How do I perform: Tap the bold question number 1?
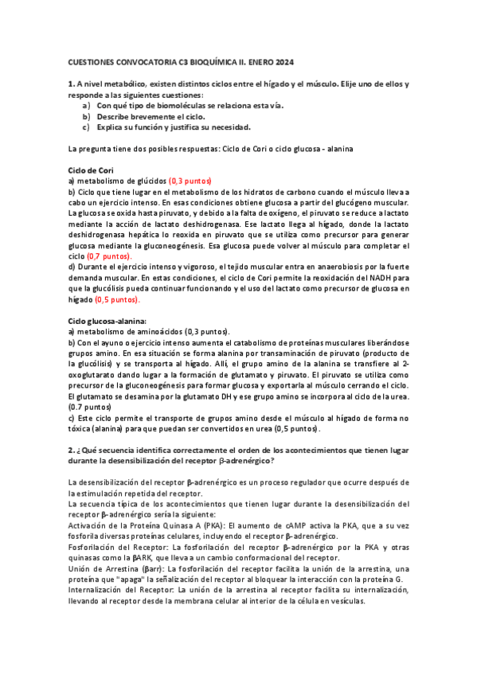pos(72,84)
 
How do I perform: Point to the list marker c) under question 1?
pos(86,127)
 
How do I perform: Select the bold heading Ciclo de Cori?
pos(92,170)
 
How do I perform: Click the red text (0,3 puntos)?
pos(191,181)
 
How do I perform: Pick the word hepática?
pos(148,236)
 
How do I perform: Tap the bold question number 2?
pos(72,450)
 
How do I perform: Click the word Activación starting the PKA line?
pos(90,525)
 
